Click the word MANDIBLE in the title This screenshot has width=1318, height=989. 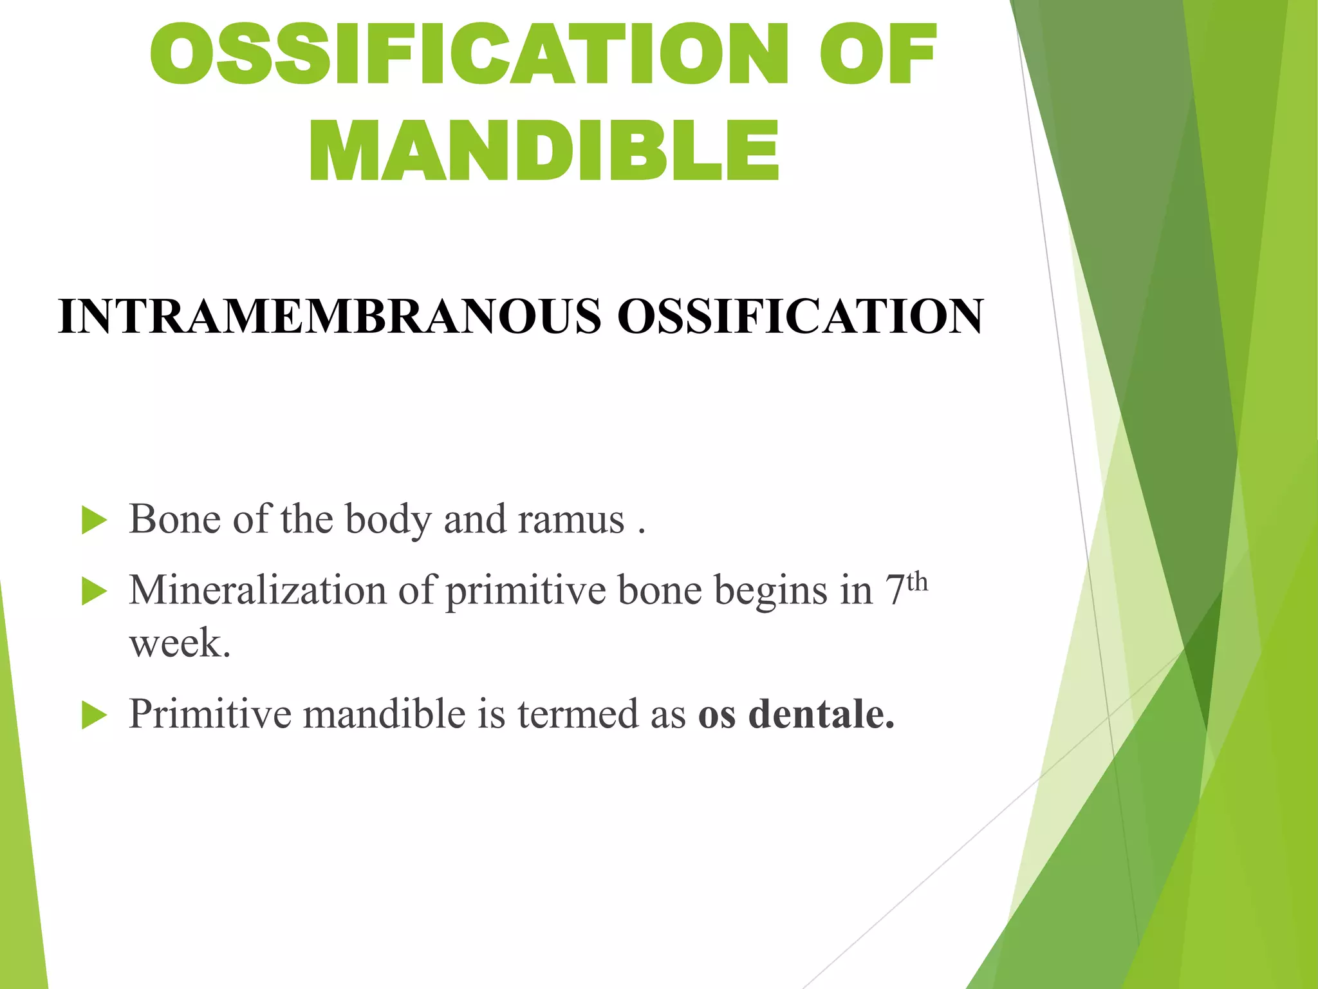coord(544,151)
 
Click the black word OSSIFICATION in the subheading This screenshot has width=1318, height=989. coord(800,317)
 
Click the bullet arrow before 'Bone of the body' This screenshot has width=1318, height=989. coord(94,520)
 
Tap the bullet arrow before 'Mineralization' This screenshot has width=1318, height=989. coord(94,591)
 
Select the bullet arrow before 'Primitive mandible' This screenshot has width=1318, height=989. coord(94,715)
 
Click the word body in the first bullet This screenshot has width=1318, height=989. coord(387,520)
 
